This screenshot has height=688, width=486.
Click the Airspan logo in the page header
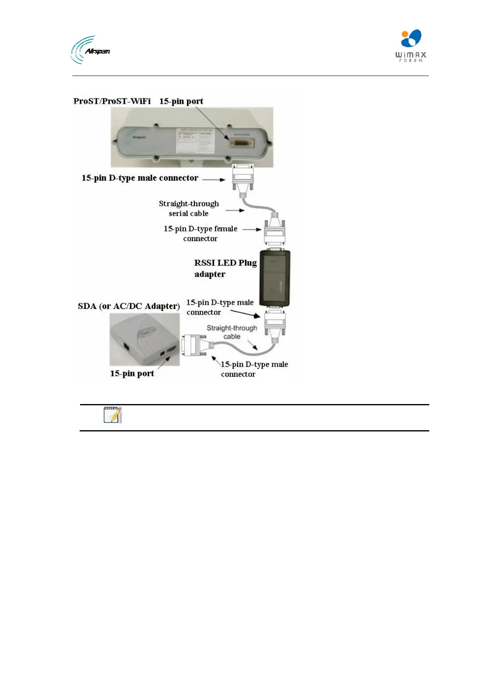tap(90, 50)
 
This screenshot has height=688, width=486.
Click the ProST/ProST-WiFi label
tap(112, 101)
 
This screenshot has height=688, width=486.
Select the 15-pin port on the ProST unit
tap(242, 143)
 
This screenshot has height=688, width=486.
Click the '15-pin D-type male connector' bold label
tap(140, 178)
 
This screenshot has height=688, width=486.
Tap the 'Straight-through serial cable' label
tap(189, 208)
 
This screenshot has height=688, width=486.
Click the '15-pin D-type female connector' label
tap(200, 233)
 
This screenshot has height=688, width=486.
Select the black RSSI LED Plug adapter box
tap(275, 278)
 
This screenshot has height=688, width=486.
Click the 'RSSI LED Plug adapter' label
tap(225, 268)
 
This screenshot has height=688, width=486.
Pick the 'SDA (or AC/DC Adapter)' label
tap(129, 306)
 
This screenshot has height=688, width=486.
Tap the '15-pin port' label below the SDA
tap(132, 373)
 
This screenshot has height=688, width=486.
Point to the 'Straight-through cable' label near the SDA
tap(232, 332)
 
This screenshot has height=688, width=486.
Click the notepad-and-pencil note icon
tap(112, 415)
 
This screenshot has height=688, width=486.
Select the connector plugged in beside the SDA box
tap(195, 344)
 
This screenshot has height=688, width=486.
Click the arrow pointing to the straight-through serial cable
tap(235, 210)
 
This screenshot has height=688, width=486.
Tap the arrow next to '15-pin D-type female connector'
tap(252, 230)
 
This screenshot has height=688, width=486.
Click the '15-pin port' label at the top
tap(181, 101)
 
